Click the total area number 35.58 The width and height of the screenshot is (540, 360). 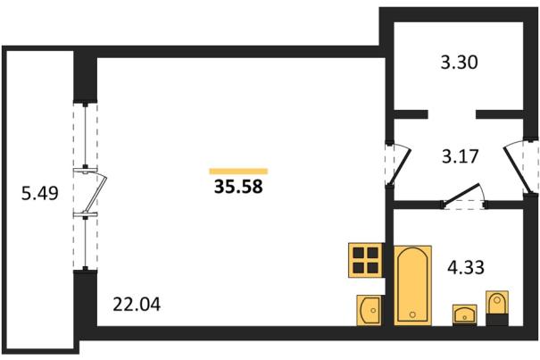(x=238, y=187)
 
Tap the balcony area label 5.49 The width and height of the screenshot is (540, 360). (x=40, y=193)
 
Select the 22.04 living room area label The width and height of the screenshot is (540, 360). (x=137, y=305)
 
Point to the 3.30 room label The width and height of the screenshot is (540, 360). (x=460, y=63)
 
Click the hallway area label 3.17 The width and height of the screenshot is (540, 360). (x=461, y=156)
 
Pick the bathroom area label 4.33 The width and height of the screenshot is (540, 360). (x=466, y=267)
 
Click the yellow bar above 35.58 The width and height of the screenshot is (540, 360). (x=238, y=172)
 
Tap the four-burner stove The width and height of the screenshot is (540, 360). (x=365, y=260)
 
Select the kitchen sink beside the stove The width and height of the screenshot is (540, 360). (x=369, y=310)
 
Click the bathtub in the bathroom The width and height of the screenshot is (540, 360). (x=412, y=285)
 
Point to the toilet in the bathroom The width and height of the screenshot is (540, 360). (x=497, y=308)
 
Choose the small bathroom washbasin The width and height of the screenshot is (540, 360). (x=465, y=314)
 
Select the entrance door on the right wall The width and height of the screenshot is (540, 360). (x=516, y=170)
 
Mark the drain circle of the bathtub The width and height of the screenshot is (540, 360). (x=412, y=314)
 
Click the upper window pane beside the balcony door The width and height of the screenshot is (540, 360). (x=85, y=136)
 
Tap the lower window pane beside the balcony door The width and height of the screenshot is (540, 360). (x=85, y=243)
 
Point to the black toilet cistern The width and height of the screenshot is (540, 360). (x=497, y=319)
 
